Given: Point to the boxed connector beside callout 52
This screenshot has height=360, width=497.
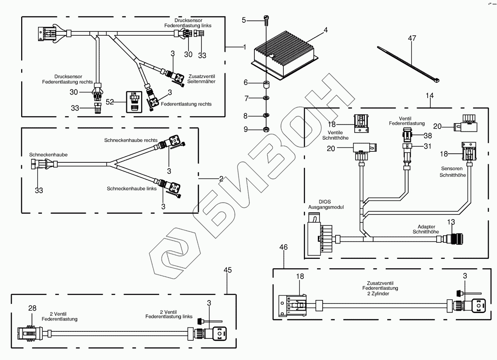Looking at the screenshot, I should tap(134, 102).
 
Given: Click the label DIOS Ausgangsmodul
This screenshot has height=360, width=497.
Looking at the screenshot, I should tap(320, 204).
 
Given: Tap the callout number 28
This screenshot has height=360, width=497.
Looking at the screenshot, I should tap(32, 308).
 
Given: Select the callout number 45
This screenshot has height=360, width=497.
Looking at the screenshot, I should tap(227, 270).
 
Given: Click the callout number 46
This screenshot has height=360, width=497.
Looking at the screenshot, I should tap(283, 247).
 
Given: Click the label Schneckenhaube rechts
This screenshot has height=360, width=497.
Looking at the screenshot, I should tap(131, 140).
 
